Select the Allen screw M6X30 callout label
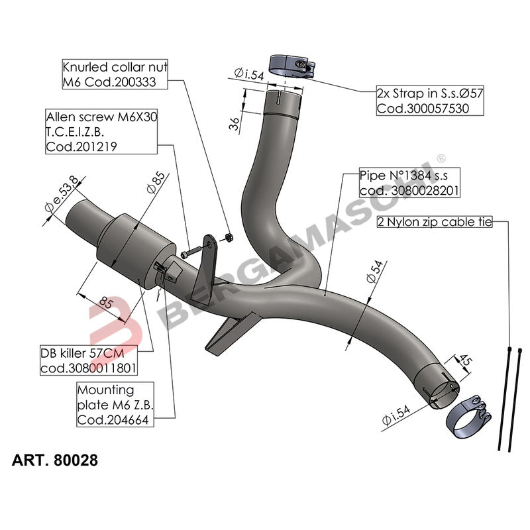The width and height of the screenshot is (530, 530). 101,132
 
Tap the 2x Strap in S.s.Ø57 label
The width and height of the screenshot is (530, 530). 430,101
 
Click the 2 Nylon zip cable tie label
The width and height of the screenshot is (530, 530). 434,223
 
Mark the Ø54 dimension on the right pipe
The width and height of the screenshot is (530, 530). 374,272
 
